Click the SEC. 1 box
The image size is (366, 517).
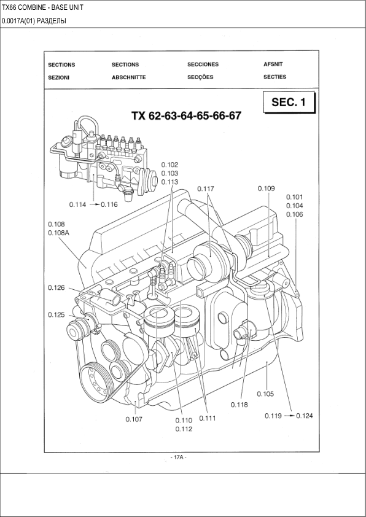pos(289,102)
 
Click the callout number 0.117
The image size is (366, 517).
pos(206,189)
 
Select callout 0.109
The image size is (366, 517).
pos(266,189)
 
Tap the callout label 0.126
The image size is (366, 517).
pos(56,288)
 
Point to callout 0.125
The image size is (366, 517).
pos(56,315)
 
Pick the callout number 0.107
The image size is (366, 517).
pos(134,419)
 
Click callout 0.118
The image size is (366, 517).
pos(239,405)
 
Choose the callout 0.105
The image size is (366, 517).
pos(265,394)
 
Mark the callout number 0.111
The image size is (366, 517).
pos(208,418)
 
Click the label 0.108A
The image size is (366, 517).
pos(59,233)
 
